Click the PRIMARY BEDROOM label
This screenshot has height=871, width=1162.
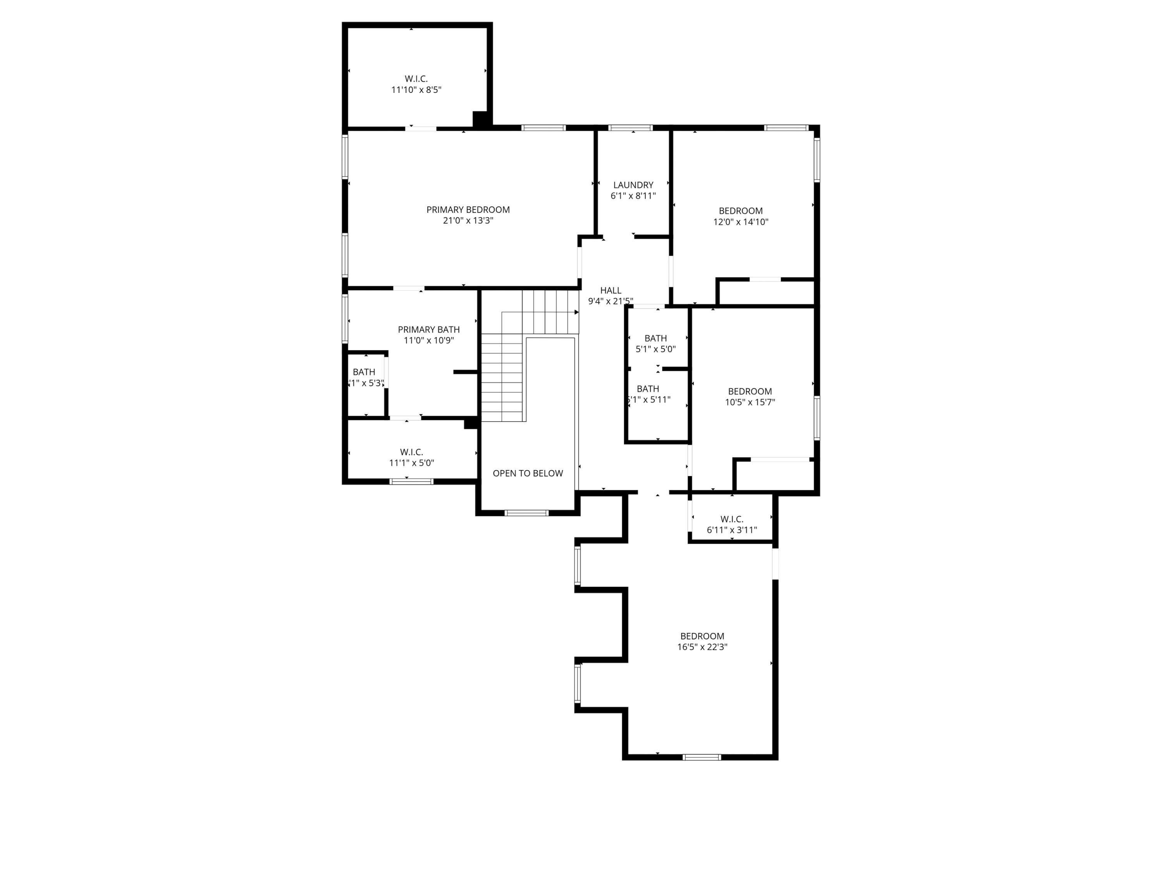[x=468, y=209]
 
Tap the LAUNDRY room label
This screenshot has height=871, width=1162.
[x=633, y=185]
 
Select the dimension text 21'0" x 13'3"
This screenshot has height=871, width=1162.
[x=468, y=221]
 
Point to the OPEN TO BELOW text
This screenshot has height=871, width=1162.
[x=528, y=473]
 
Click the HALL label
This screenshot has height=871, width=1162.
[x=610, y=290]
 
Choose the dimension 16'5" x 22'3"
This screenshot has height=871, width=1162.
[x=702, y=647]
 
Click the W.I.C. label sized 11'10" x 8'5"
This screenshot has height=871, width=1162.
[x=416, y=79]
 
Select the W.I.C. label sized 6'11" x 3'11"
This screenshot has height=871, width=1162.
[x=731, y=519]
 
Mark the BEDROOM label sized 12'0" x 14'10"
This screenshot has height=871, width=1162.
[x=740, y=211]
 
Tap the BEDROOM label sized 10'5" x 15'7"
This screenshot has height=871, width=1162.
[x=749, y=391]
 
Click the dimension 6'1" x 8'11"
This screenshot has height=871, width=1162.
[x=633, y=196]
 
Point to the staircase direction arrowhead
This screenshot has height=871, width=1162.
[x=576, y=312]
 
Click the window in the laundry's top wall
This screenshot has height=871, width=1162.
[x=630, y=128]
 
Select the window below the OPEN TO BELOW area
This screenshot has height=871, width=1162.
[x=526, y=513]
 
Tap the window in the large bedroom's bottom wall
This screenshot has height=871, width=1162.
[x=701, y=756]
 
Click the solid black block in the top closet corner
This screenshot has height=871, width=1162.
[x=480, y=119]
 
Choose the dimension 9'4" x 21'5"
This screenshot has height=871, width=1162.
[x=610, y=301]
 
